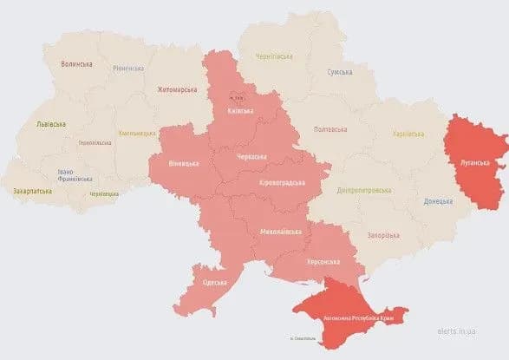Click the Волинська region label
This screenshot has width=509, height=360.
pyautogui.click(x=78, y=64)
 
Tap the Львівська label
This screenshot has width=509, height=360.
pyautogui.click(x=49, y=124)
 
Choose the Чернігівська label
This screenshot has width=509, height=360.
pyautogui.click(x=275, y=56)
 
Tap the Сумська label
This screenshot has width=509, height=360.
pyautogui.click(x=339, y=74)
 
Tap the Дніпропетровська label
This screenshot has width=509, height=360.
pyautogui.click(x=361, y=191)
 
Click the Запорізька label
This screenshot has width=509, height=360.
pyautogui.click(x=381, y=235)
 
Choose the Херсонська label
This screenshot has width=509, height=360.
pyautogui.click(x=323, y=261)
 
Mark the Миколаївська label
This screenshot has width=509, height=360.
pyautogui.click(x=281, y=232)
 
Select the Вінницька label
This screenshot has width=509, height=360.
pyautogui.click(x=183, y=162)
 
